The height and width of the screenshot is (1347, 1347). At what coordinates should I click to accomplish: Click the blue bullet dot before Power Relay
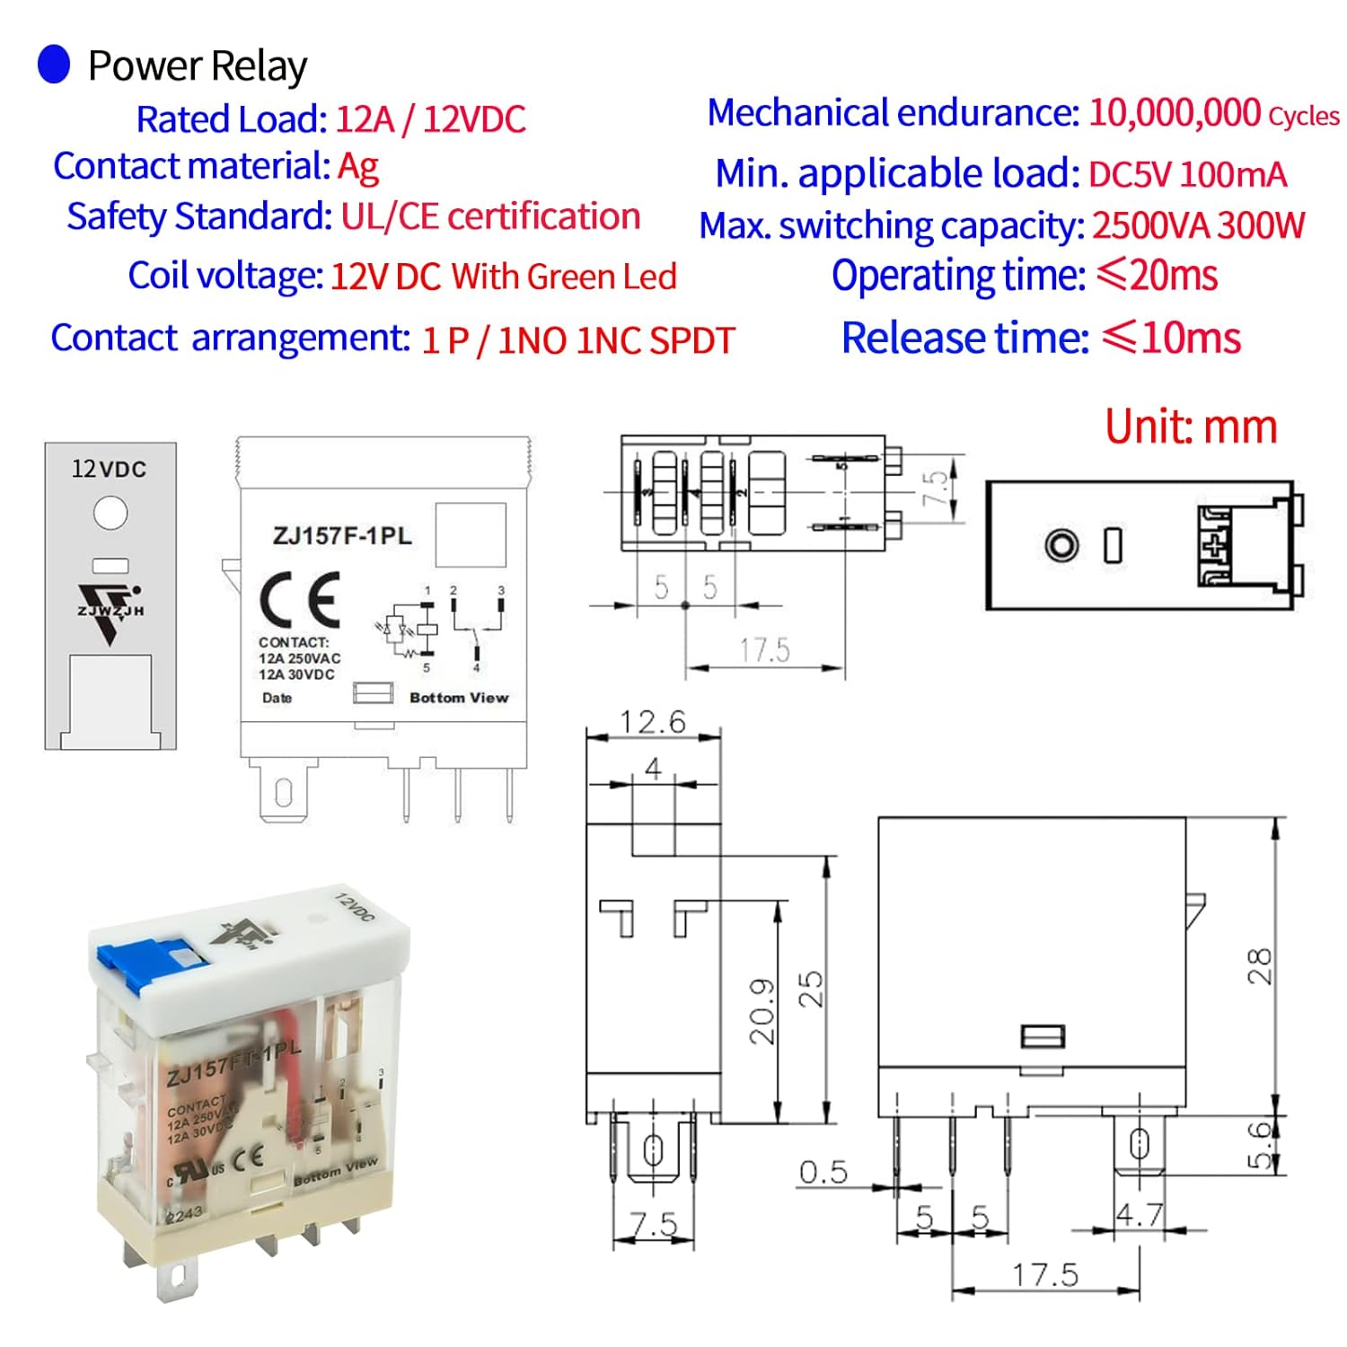(54, 65)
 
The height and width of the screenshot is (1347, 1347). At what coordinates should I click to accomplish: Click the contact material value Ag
(358, 167)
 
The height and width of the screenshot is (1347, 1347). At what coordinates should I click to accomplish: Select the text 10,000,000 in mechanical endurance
(1175, 113)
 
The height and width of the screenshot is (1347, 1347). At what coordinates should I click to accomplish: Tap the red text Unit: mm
(1191, 427)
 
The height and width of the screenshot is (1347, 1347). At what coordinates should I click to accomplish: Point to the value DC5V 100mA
(1187, 174)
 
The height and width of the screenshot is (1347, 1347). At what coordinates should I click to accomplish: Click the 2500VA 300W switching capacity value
(1198, 225)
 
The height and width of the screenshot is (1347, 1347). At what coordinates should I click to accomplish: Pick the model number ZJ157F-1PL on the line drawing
(342, 536)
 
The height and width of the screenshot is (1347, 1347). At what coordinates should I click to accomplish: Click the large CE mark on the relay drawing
(300, 600)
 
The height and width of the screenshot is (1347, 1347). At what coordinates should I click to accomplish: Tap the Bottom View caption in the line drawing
(459, 698)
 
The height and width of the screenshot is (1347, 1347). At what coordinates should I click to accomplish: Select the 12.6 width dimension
(653, 722)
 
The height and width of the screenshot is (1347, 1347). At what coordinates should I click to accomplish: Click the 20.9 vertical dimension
(762, 1011)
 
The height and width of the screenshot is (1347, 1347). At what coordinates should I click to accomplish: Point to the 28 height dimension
(1259, 966)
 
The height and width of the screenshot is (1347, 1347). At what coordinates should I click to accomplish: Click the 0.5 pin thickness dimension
(823, 1172)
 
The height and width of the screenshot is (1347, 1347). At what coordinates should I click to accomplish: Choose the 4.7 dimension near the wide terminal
(1139, 1215)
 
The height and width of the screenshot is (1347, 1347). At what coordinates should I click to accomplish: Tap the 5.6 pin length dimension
(1260, 1144)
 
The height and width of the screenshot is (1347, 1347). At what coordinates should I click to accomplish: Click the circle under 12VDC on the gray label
(110, 513)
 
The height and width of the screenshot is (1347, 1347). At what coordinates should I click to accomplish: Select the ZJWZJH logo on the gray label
(110, 611)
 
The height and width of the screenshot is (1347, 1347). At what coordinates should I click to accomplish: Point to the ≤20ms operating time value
(1158, 276)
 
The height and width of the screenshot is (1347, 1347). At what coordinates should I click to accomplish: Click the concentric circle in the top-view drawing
(1061, 545)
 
